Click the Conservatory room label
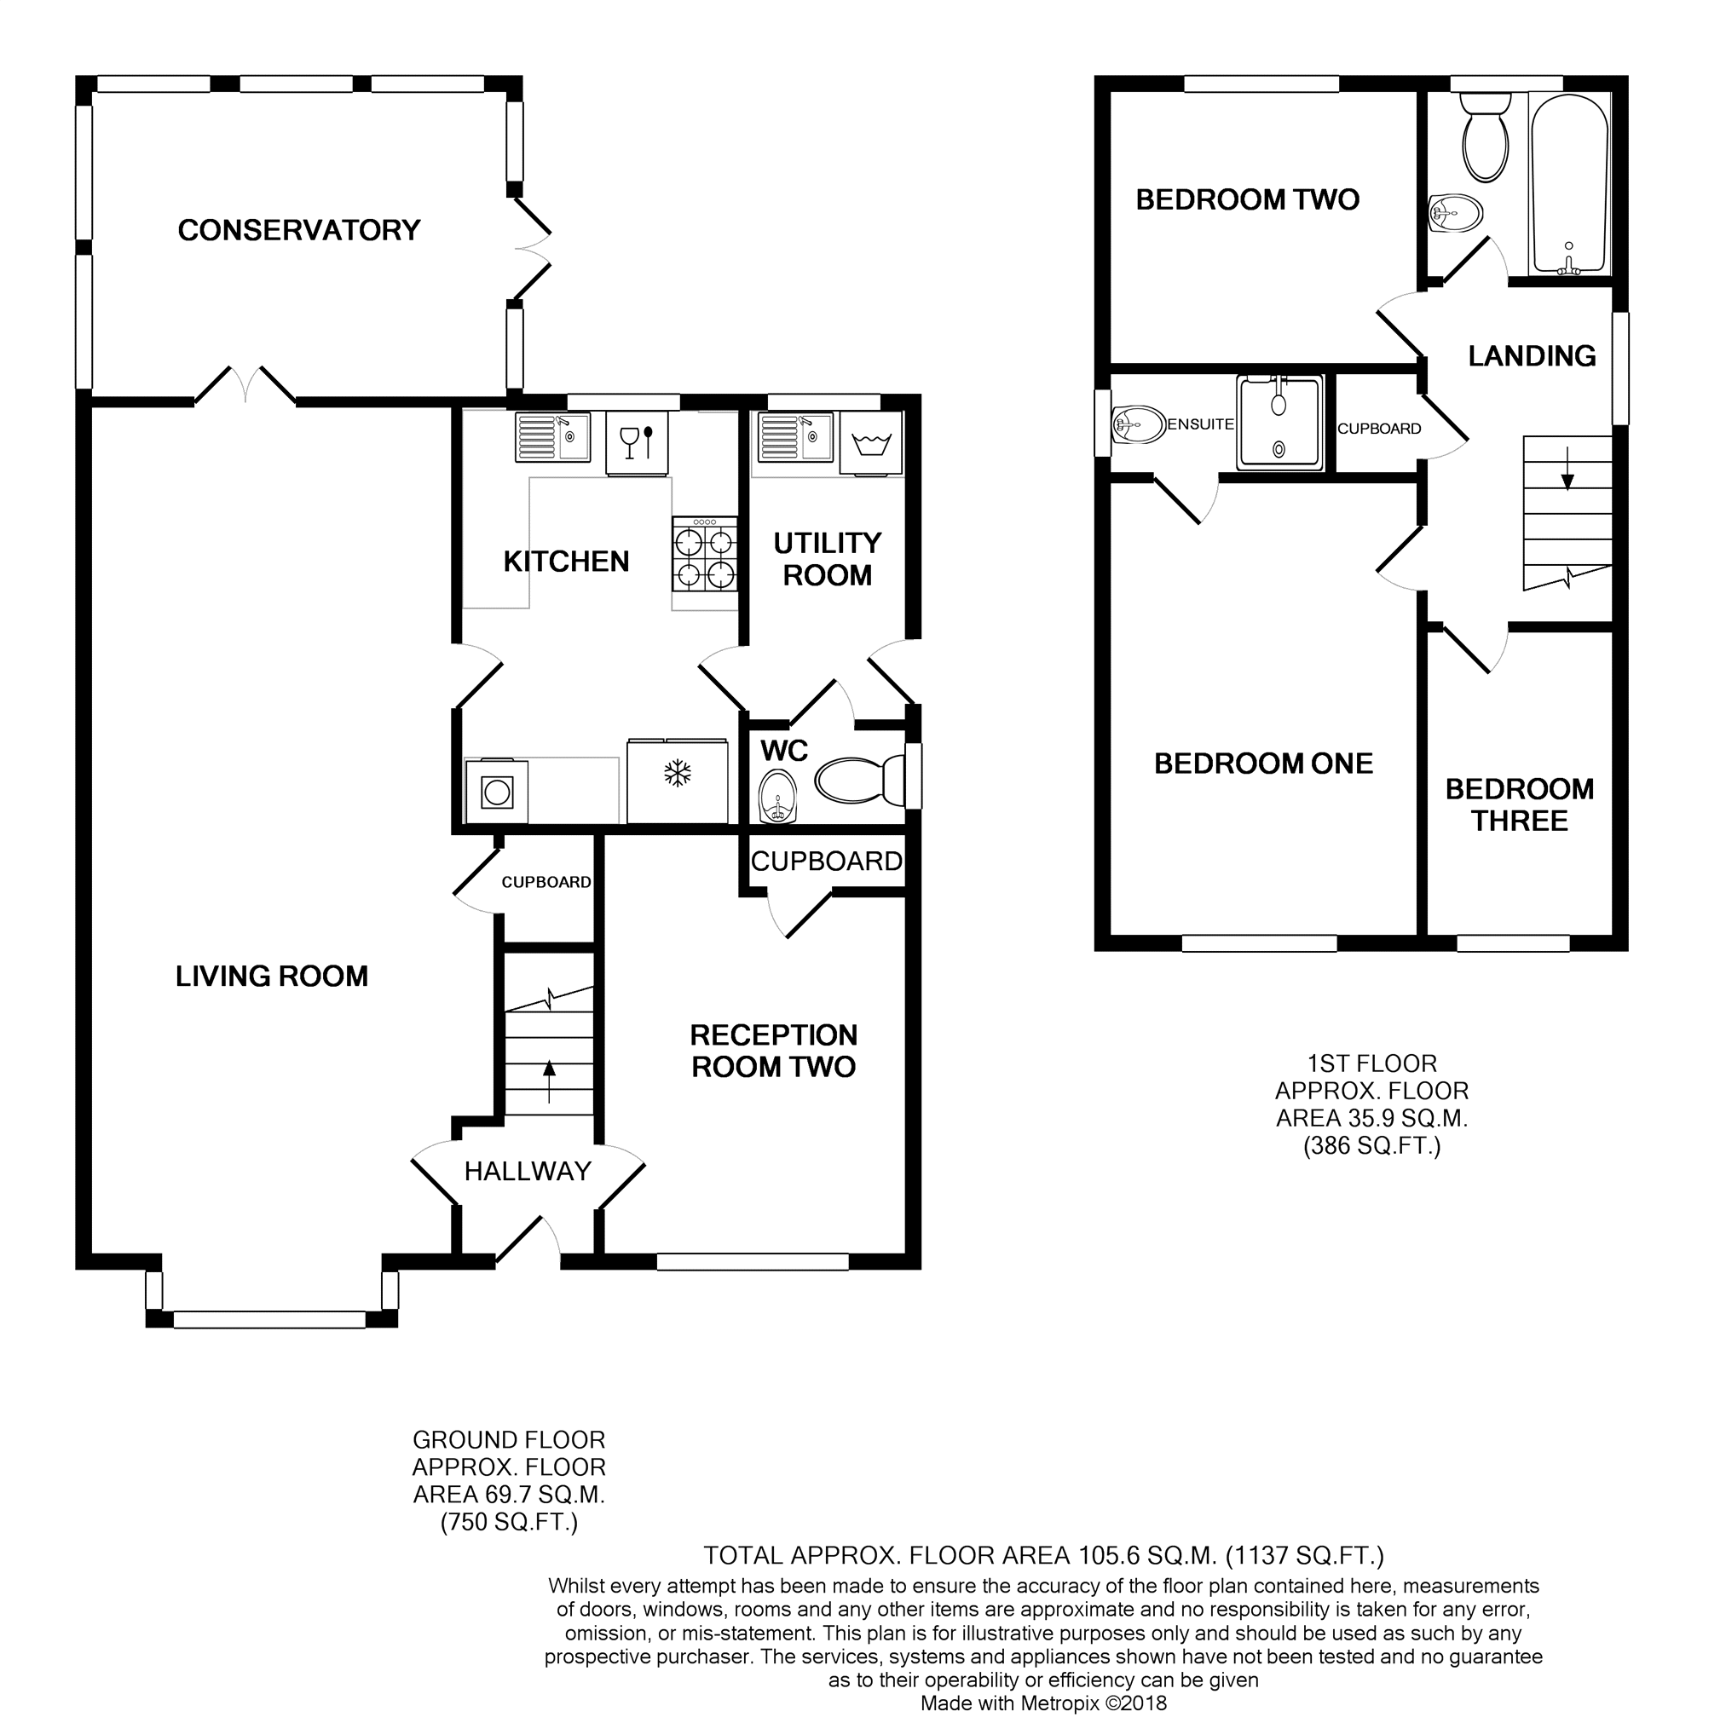[299, 230]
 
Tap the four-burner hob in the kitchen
[706, 554]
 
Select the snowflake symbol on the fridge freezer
[677, 774]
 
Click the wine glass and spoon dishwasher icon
[637, 442]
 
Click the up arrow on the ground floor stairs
[549, 1080]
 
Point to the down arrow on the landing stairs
[1567, 470]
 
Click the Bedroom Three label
[1520, 804]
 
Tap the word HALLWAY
[528, 1171]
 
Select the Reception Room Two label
[774, 1051]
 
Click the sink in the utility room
[795, 437]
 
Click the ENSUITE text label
[1201, 424]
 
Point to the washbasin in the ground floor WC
[778, 796]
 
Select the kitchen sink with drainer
[553, 437]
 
